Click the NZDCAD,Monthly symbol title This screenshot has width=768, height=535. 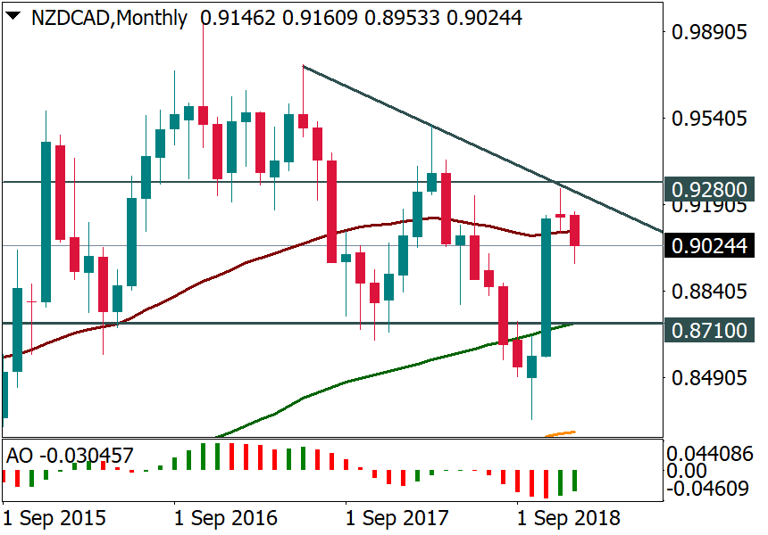pyautogui.click(x=109, y=18)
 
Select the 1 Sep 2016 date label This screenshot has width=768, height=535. pyautogui.click(x=226, y=518)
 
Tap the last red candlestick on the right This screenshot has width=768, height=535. pyautogui.click(x=575, y=230)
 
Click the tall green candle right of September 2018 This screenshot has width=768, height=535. pyautogui.click(x=546, y=286)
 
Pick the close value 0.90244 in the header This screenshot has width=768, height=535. pyautogui.click(x=486, y=18)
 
